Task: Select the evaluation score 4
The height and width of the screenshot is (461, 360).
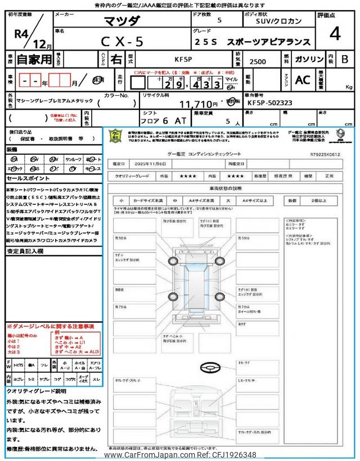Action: pos(335,33)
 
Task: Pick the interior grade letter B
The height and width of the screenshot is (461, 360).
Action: pos(345,59)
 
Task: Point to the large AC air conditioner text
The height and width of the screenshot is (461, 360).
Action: pos(303,80)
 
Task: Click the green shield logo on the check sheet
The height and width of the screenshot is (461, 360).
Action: pos(115,136)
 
